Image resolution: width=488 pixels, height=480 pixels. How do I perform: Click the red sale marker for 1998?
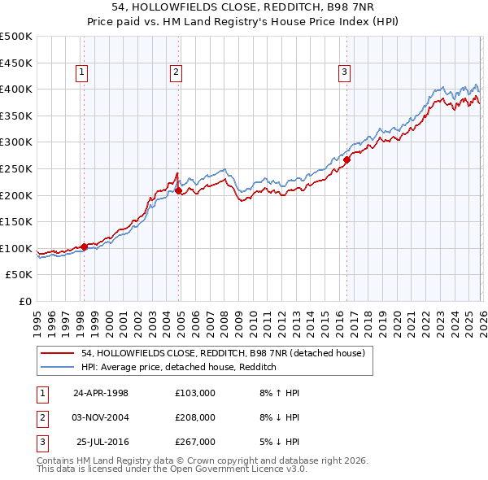click(84, 247)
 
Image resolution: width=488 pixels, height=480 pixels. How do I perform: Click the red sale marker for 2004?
click(178, 191)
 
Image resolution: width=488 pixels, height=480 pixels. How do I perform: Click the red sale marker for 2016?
click(346, 160)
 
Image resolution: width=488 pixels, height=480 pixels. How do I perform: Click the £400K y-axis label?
click(16, 89)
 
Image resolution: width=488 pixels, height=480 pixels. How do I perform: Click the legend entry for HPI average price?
click(179, 368)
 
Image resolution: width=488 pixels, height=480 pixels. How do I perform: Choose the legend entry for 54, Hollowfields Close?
click(227, 353)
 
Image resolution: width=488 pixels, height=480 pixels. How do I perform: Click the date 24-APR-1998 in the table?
click(101, 393)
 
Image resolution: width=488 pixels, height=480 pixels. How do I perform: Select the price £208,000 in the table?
click(194, 417)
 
